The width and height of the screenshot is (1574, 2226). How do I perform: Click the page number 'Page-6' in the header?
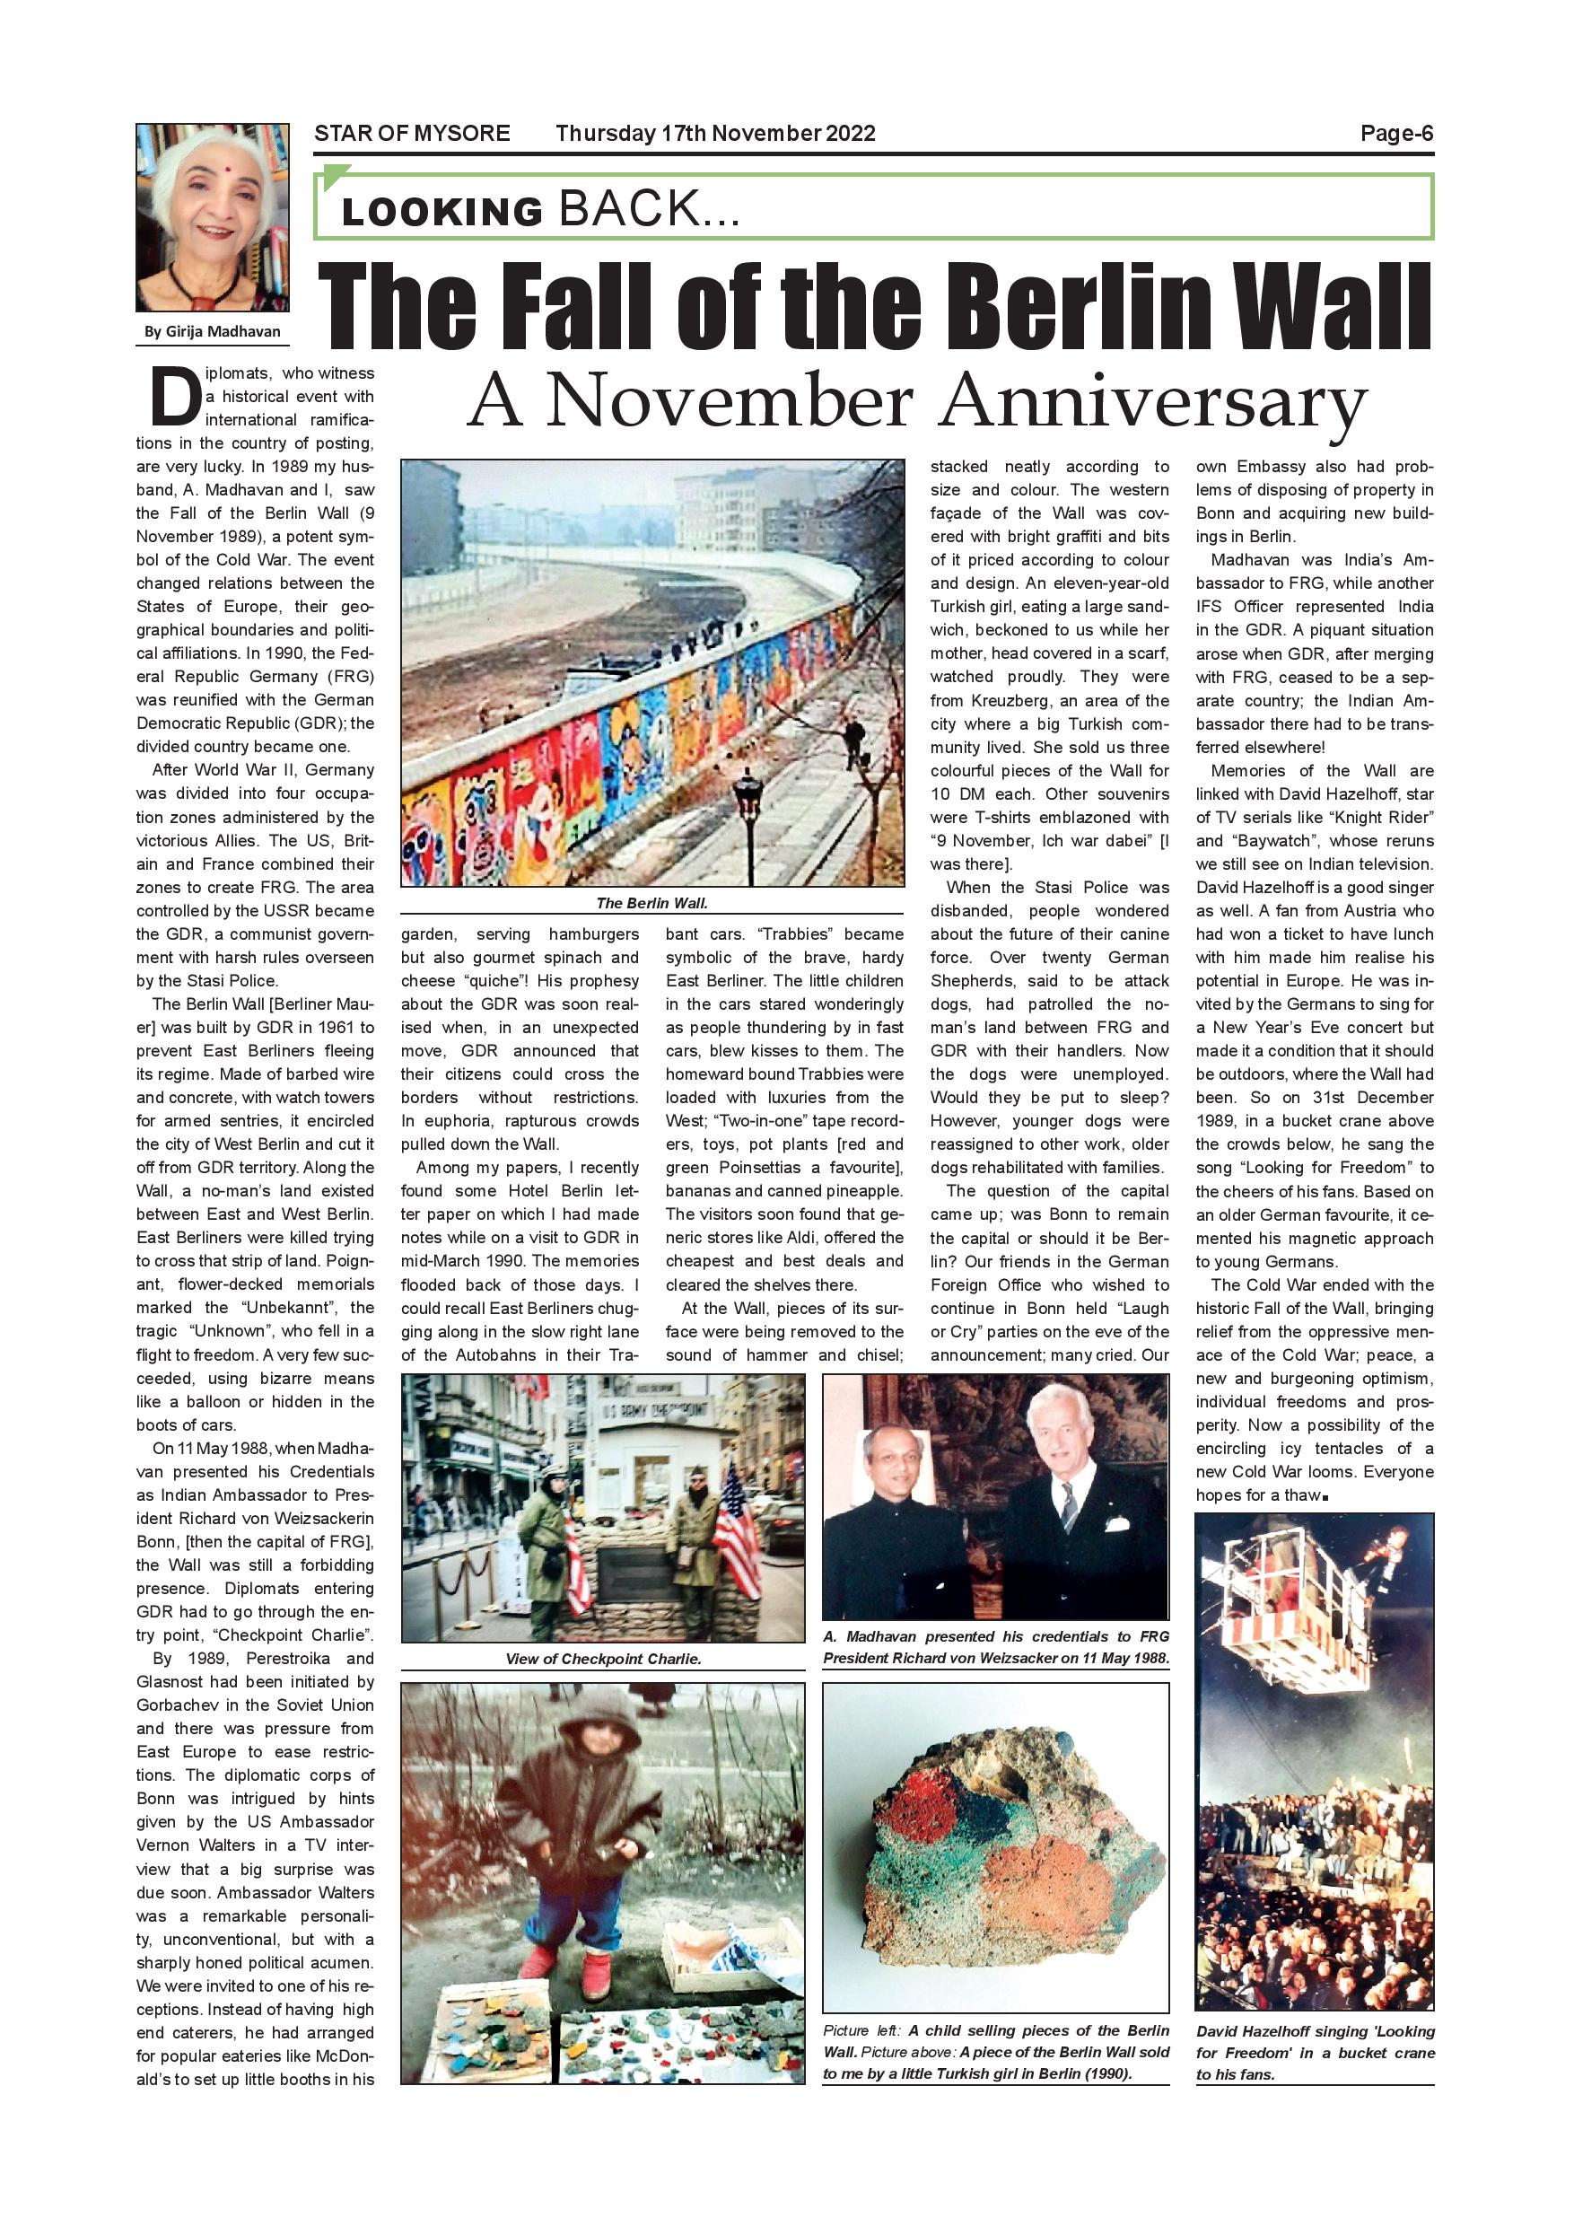pyautogui.click(x=1395, y=134)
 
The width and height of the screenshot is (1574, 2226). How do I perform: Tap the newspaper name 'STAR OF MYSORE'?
pyautogui.click(x=412, y=134)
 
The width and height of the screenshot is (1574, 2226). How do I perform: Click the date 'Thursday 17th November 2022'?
pyautogui.click(x=715, y=134)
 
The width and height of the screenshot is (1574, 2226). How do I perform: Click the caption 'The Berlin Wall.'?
pyautogui.click(x=651, y=903)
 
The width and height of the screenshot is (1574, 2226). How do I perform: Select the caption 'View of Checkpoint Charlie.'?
pyautogui.click(x=603, y=1659)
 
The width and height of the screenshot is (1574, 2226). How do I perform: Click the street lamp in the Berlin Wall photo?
pyautogui.click(x=747, y=795)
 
